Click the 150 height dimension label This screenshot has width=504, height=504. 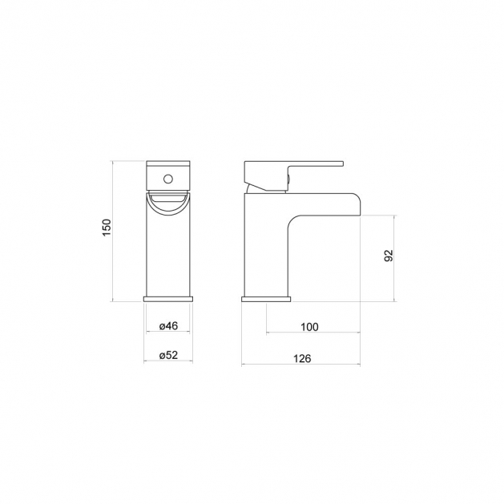[x=107, y=228]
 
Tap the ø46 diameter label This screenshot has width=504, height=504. [x=168, y=326]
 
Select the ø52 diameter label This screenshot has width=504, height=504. [x=168, y=355]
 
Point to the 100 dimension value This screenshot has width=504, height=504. [x=309, y=327]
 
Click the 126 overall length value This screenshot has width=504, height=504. [x=302, y=358]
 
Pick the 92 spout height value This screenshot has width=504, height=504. [x=389, y=256]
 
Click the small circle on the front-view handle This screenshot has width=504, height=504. [x=168, y=179]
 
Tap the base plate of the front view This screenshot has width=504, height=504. [x=168, y=299]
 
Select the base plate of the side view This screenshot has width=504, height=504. [x=266, y=299]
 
